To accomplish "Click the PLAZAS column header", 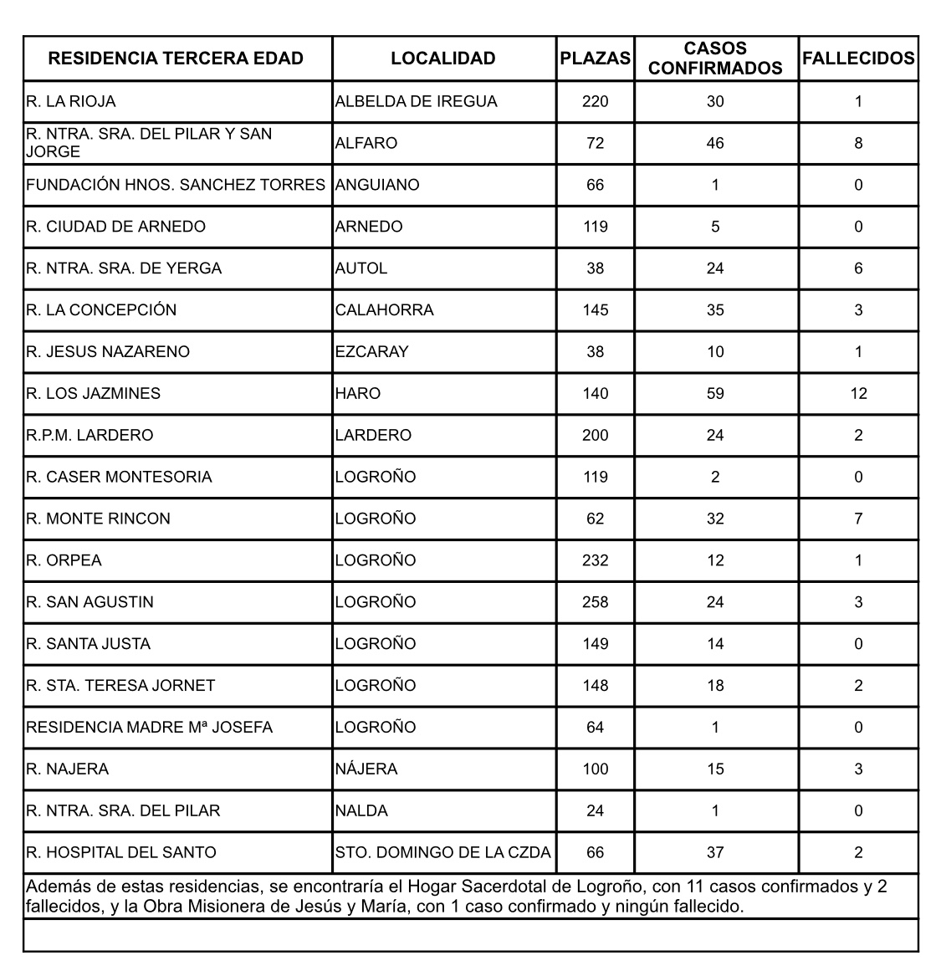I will pyautogui.click(x=595, y=59).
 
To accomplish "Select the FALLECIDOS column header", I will pyautogui.click(x=858, y=59).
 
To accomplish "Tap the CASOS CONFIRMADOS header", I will pyautogui.click(x=715, y=59).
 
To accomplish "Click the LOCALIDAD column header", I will pyautogui.click(x=442, y=59).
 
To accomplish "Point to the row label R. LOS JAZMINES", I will pyautogui.click(x=94, y=393).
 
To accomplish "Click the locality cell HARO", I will pyautogui.click(x=358, y=393).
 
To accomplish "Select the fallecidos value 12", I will pyautogui.click(x=858, y=393).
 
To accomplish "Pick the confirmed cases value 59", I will pyautogui.click(x=715, y=393).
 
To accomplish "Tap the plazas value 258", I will pyautogui.click(x=595, y=602).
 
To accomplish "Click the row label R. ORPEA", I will pyautogui.click(x=64, y=560).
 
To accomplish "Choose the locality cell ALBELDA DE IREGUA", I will pyautogui.click(x=416, y=101).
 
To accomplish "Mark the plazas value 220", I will pyautogui.click(x=595, y=101).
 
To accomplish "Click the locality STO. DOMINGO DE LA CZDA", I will pyautogui.click(x=442, y=853).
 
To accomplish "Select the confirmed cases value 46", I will pyautogui.click(x=715, y=143).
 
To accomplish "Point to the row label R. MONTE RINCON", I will pyautogui.click(x=98, y=519).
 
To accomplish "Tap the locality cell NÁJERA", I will pyautogui.click(x=366, y=769).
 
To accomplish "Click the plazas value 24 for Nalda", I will pyautogui.click(x=595, y=811).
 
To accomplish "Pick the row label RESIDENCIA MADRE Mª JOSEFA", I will pyautogui.click(x=150, y=728).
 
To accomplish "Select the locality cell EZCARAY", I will pyautogui.click(x=371, y=351).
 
